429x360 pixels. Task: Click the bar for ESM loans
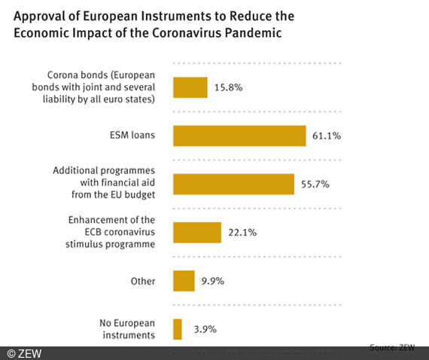(239, 136)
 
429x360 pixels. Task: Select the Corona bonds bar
(190, 87)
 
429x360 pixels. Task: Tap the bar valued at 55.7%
(233, 184)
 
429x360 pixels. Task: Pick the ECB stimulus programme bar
(197, 232)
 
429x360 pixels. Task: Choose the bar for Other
(184, 281)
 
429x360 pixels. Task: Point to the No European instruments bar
(178, 329)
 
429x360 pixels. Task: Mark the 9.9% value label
(211, 282)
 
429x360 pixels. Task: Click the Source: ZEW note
(393, 347)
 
